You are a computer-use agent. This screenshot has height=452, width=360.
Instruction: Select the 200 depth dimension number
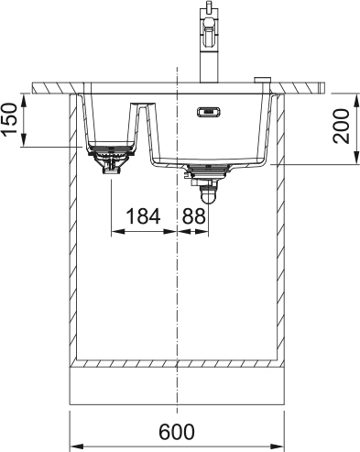coord(342,128)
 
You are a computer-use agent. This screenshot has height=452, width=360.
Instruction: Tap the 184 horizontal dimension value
coord(142,216)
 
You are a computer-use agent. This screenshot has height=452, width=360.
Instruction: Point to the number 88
coord(193,216)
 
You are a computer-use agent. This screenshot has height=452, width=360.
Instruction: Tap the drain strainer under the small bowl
coord(111,158)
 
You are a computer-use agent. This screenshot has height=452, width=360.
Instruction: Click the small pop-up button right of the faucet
coord(262,78)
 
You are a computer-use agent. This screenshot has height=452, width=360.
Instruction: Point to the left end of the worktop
coord(37,87)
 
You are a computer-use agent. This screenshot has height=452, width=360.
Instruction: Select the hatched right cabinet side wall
coord(280,229)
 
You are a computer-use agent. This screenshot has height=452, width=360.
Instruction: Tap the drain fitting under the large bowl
coord(207,171)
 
